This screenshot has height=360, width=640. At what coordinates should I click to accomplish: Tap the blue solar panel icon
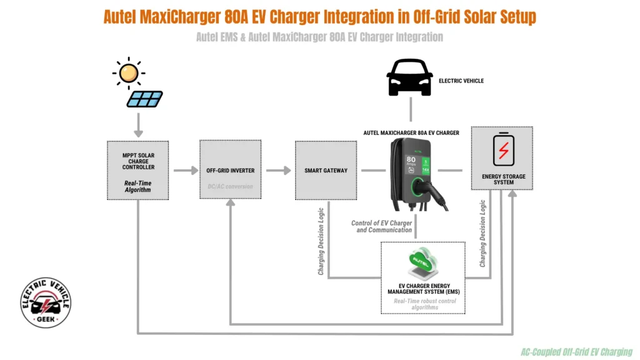[x=144, y=99]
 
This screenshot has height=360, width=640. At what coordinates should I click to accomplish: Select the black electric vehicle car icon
[x=409, y=78]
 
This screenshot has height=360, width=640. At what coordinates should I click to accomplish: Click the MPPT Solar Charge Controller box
[x=137, y=170]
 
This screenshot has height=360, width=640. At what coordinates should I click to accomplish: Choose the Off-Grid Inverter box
[x=230, y=170]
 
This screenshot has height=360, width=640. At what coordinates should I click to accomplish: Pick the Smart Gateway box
[x=326, y=170]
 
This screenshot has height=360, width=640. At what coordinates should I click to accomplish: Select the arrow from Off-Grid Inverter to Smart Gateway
[x=278, y=170]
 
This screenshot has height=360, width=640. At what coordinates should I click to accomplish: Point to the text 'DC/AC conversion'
[x=230, y=186]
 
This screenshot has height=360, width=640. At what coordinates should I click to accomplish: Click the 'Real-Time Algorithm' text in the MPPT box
[x=137, y=186]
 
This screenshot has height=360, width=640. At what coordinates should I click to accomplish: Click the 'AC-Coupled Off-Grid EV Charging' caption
[x=576, y=352]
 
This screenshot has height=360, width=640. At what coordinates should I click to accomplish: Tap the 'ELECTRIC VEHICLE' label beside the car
[x=461, y=81]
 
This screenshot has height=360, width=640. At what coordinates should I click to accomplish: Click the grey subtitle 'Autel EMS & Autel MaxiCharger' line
[x=319, y=37]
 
